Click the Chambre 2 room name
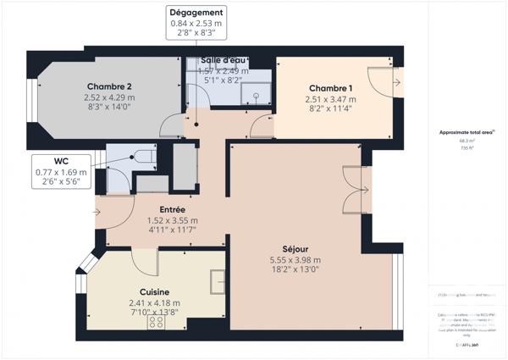click(109, 87)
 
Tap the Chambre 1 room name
click(331, 89)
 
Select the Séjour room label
click(295, 250)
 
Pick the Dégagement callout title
click(196, 14)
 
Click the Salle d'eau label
click(224, 61)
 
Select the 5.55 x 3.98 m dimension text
click(295, 260)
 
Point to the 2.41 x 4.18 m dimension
click(154, 302)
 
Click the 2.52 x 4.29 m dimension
click(109, 97)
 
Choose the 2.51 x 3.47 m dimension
click(331, 99)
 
